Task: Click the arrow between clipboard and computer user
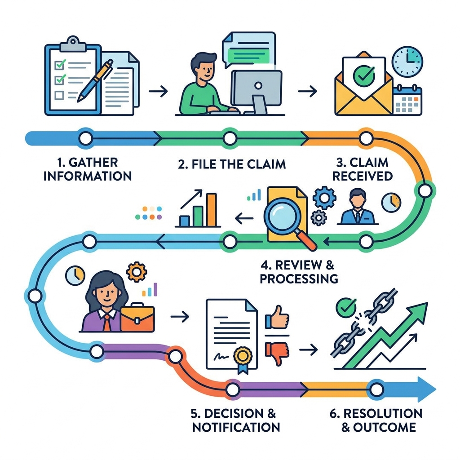tap(158, 92)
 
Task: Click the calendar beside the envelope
tap(407, 100)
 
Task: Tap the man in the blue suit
tap(358, 208)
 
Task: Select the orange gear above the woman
tap(135, 272)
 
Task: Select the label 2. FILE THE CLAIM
tap(232, 164)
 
